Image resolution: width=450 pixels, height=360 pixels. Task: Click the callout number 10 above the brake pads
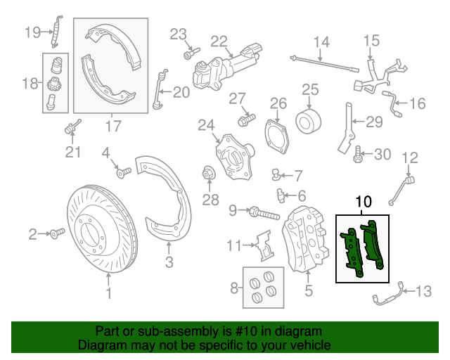pos(364,202)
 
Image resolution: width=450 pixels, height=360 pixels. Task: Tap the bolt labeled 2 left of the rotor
pos(57,232)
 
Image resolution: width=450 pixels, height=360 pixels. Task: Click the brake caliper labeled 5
pos(307,239)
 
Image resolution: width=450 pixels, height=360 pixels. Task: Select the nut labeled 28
pos(209,172)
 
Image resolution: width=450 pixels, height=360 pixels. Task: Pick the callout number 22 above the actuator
pos(219,41)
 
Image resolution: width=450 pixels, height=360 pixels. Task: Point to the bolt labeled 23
pos(191,53)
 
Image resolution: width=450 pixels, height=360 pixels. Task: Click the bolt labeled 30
pos(360,153)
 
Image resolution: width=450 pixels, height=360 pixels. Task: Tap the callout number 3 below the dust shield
pos(169,264)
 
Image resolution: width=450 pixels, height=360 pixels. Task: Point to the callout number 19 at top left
pos(33,32)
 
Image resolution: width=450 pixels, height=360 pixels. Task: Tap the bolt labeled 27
pos(246,120)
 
